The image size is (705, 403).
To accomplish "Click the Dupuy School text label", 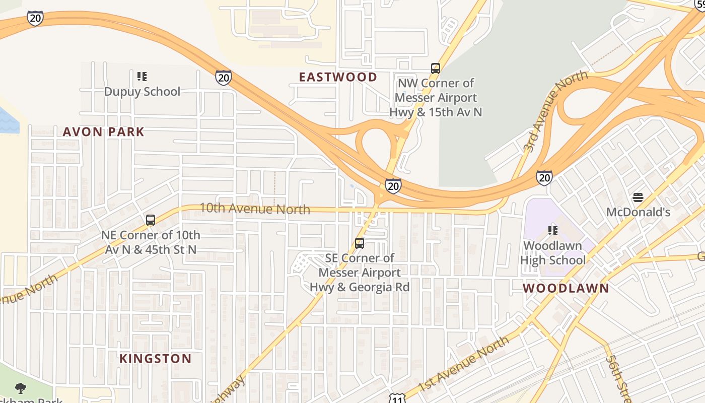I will (142, 92).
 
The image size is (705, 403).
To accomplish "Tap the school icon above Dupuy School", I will (142, 77).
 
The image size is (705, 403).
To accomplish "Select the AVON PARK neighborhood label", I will (103, 132).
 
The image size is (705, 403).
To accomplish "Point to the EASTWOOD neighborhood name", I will (338, 77).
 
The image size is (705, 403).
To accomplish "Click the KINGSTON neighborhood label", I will (155, 359).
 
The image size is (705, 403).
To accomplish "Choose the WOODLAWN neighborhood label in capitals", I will (566, 289).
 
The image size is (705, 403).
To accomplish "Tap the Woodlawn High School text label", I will (552, 253).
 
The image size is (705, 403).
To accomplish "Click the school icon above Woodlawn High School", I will (552, 231).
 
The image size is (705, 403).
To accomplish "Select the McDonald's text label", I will (638, 212).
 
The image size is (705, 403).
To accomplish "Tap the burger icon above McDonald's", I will (638, 197).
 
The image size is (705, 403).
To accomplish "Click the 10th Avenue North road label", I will (254, 209).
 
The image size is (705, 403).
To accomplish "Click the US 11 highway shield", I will (397, 398).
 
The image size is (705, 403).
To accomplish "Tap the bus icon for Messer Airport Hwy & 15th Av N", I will (436, 69).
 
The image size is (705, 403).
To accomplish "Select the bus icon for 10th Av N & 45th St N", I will (150, 220).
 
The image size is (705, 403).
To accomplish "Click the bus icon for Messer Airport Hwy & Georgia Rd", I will (359, 243).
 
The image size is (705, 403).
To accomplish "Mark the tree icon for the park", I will (21, 388).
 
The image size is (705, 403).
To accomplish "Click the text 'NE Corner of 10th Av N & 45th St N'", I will (150, 242).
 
